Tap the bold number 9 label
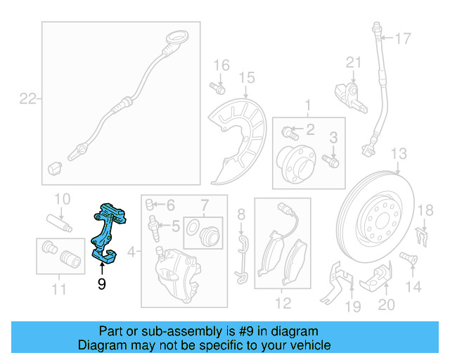coord(102,284)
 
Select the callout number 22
coord(27,99)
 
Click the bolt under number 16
coord(218,89)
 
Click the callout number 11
coord(59,289)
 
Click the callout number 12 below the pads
coord(283,304)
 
